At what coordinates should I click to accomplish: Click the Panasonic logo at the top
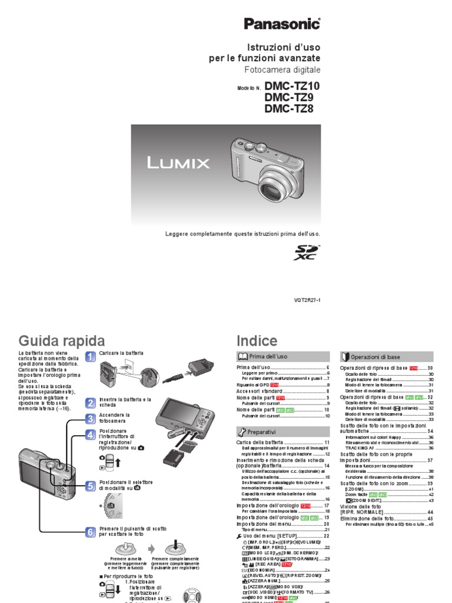click(282, 24)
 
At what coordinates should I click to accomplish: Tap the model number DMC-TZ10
click(293, 85)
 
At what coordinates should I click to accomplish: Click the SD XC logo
click(306, 253)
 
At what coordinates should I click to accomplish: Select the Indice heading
click(256, 341)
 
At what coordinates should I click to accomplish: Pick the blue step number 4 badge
click(90, 435)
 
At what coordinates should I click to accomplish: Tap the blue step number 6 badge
click(90, 532)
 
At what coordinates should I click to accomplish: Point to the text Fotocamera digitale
click(282, 69)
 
